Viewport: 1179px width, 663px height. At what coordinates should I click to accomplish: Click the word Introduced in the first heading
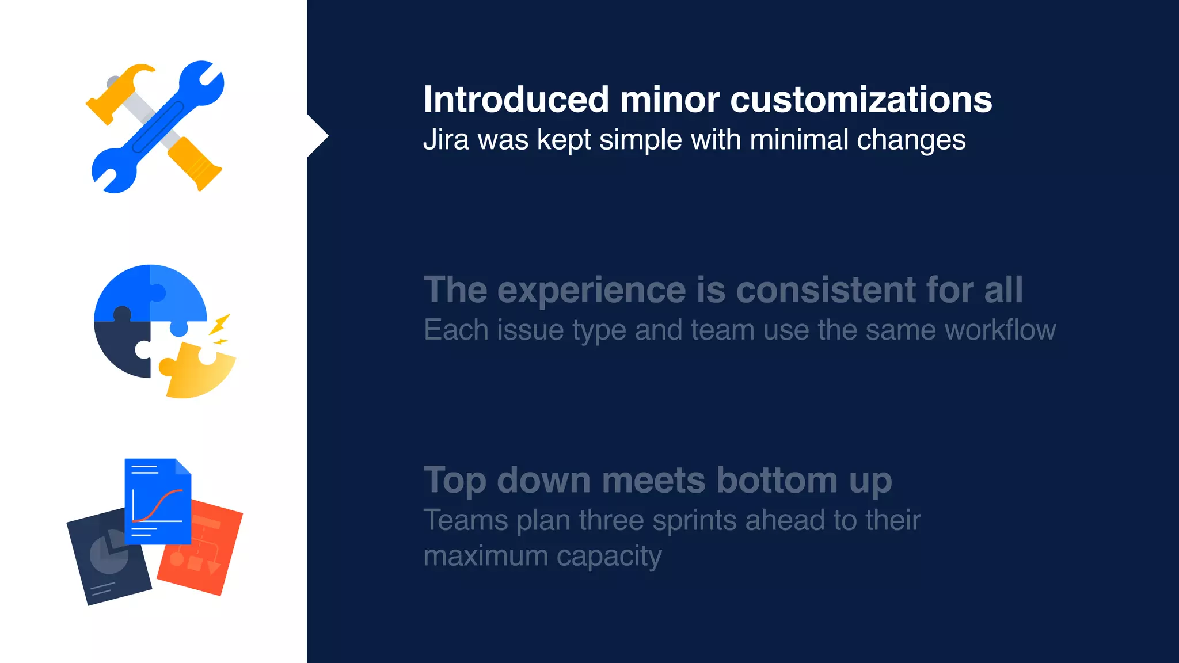[516, 100]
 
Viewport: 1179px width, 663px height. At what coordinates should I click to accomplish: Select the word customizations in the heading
[861, 100]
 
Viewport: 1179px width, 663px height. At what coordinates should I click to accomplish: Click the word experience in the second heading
[591, 289]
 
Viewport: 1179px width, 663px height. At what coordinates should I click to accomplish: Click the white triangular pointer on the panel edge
[317, 136]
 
